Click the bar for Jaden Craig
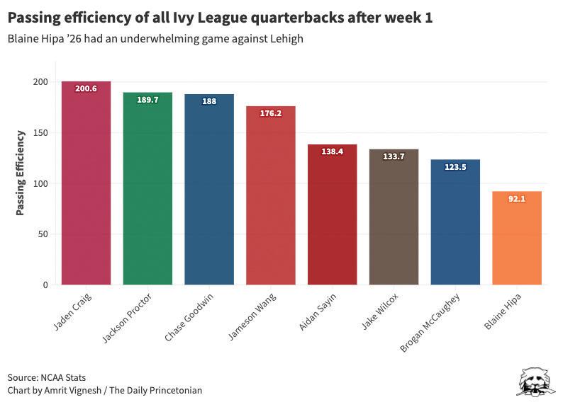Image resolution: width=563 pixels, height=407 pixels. point(86,184)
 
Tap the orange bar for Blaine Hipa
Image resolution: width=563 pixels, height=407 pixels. point(517,241)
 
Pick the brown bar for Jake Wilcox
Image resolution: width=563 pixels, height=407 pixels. point(394,219)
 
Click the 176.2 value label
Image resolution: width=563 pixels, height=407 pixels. point(270,113)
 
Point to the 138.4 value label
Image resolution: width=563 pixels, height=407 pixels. point(332,151)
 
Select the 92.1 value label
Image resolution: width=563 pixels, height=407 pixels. point(517,200)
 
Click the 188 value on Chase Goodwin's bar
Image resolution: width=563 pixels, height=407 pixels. point(209,102)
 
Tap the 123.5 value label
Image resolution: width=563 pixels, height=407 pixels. point(455,167)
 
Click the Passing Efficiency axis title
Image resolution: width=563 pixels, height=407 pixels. point(21,172)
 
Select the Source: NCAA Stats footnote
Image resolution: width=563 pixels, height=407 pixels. point(47,377)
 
